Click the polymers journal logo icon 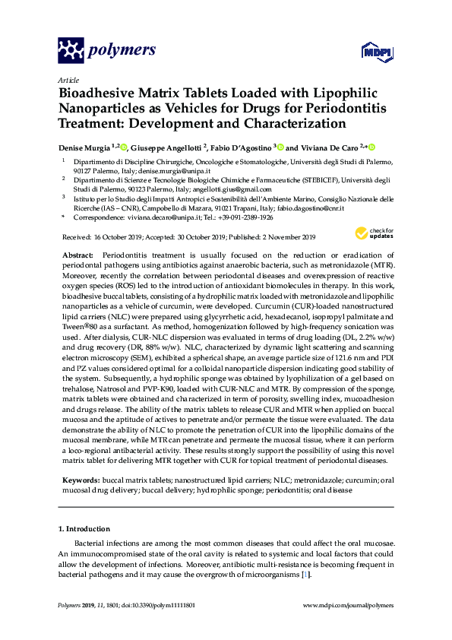[x=73, y=50]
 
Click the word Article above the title [x=68, y=80]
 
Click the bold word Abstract [x=77, y=255]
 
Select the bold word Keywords [x=79, y=480]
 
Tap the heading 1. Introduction [x=84, y=528]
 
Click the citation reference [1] [x=305, y=575]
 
